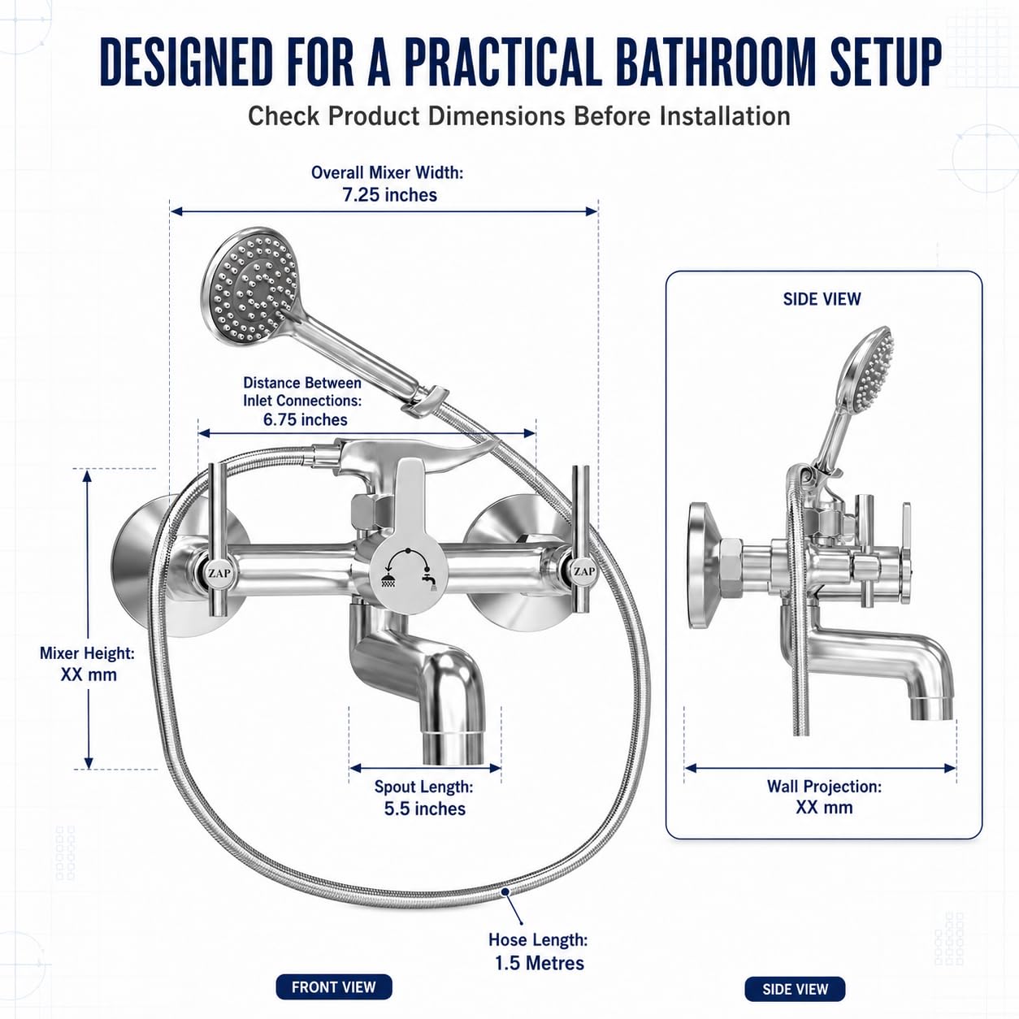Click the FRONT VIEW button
[334, 987]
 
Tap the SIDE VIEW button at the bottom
[796, 989]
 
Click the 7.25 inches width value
[390, 195]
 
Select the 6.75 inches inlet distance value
[305, 420]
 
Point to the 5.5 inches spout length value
[425, 809]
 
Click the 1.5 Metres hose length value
[540, 963]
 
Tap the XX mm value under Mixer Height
[89, 674]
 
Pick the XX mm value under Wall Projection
[825, 808]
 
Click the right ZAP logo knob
[583, 571]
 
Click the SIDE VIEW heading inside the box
[822, 299]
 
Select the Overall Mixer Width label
[387, 173]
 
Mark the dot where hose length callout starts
[505, 892]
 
